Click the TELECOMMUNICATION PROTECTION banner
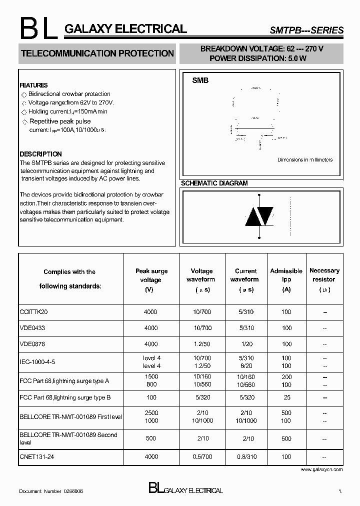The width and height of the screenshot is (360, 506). tap(97, 53)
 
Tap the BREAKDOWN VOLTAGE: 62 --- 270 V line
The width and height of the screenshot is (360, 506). tap(262, 49)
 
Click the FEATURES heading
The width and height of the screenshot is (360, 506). tap(33, 85)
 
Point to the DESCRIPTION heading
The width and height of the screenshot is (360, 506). tap(40, 154)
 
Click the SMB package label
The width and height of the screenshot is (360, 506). tap(200, 80)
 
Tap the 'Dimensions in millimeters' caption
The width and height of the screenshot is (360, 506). tap(305, 160)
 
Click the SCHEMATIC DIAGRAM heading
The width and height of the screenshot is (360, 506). tap(214, 183)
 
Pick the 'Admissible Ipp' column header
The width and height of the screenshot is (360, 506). tap(286, 279)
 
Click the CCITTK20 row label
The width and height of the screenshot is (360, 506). tap(33, 312)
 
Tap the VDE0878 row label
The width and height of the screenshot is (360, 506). tap(32, 344)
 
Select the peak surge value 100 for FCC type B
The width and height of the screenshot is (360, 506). tap(150, 397)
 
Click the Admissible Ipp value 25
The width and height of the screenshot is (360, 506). tap(286, 397)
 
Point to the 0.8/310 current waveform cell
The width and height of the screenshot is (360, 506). tap(245, 457)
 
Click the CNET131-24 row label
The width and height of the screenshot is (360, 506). tap(36, 457)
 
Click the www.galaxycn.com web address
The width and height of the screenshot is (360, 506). tap(321, 470)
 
